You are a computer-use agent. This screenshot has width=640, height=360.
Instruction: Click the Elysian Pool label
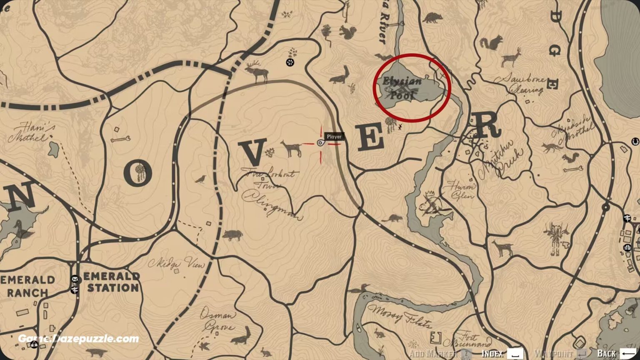click(x=402, y=87)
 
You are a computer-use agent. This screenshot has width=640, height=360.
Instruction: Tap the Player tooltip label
click(x=334, y=137)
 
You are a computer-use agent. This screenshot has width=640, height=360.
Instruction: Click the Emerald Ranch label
click(x=27, y=286)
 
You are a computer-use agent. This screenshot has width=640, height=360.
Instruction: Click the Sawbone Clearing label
click(x=518, y=83)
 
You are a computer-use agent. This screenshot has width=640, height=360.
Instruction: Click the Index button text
click(x=492, y=354)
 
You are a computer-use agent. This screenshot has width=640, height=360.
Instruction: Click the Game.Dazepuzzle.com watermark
click(x=78, y=339)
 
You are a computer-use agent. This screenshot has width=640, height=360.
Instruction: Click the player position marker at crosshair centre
click(x=320, y=143)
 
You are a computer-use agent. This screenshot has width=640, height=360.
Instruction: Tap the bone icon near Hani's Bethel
click(x=121, y=139)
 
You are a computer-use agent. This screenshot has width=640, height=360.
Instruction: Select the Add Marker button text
click(x=433, y=354)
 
